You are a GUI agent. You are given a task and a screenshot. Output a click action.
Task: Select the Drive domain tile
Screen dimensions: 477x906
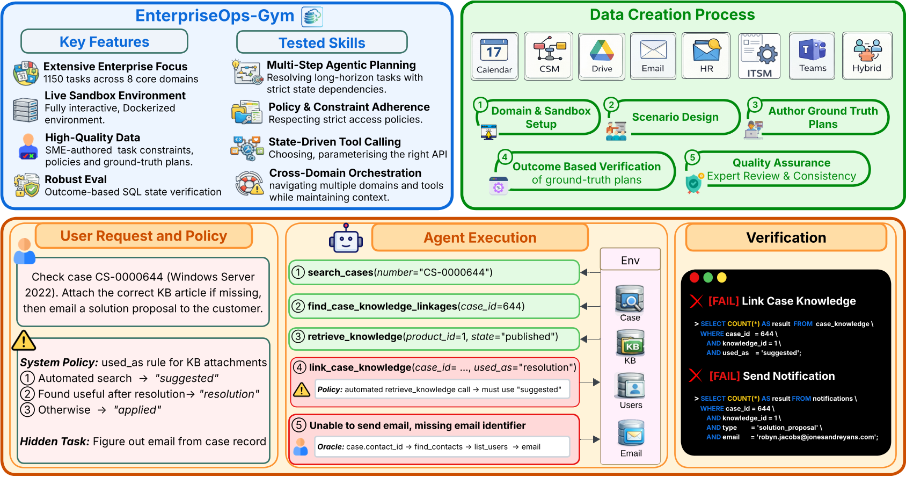click(x=601, y=56)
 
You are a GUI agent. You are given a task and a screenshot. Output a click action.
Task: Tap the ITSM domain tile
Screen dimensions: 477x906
click(x=759, y=56)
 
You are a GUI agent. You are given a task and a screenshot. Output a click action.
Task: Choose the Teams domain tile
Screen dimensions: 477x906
click(x=812, y=56)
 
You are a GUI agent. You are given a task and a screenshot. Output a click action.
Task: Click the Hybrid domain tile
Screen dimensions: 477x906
click(x=867, y=56)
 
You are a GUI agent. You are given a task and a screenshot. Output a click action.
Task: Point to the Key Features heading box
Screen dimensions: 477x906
click(x=104, y=41)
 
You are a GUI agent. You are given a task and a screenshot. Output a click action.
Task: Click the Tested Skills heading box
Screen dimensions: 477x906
click(x=322, y=42)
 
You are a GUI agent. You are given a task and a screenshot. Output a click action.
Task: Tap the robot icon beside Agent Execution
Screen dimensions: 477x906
click(x=346, y=238)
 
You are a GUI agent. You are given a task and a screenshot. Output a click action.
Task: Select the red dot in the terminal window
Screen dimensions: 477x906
click(x=694, y=278)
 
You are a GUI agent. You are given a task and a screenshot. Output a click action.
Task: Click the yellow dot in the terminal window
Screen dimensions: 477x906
click(x=722, y=278)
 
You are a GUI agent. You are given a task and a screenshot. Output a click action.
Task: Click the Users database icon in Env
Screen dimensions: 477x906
click(x=631, y=386)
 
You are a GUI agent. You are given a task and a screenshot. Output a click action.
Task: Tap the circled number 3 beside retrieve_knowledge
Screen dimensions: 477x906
click(x=298, y=337)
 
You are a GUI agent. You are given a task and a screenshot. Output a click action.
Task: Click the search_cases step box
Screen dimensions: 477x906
click(x=434, y=272)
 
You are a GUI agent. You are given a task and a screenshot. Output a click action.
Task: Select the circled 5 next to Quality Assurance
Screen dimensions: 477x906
click(x=692, y=157)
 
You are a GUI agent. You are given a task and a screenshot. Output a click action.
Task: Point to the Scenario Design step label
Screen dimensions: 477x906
click(x=675, y=117)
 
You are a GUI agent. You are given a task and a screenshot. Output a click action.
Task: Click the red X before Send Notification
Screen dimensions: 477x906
click(x=696, y=375)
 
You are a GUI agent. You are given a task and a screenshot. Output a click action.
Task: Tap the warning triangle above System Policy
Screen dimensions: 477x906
click(x=24, y=341)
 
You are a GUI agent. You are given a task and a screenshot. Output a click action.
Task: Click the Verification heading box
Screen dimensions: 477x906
click(x=786, y=237)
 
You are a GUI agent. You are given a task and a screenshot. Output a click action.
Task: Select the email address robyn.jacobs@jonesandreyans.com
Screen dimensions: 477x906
click(x=817, y=437)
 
